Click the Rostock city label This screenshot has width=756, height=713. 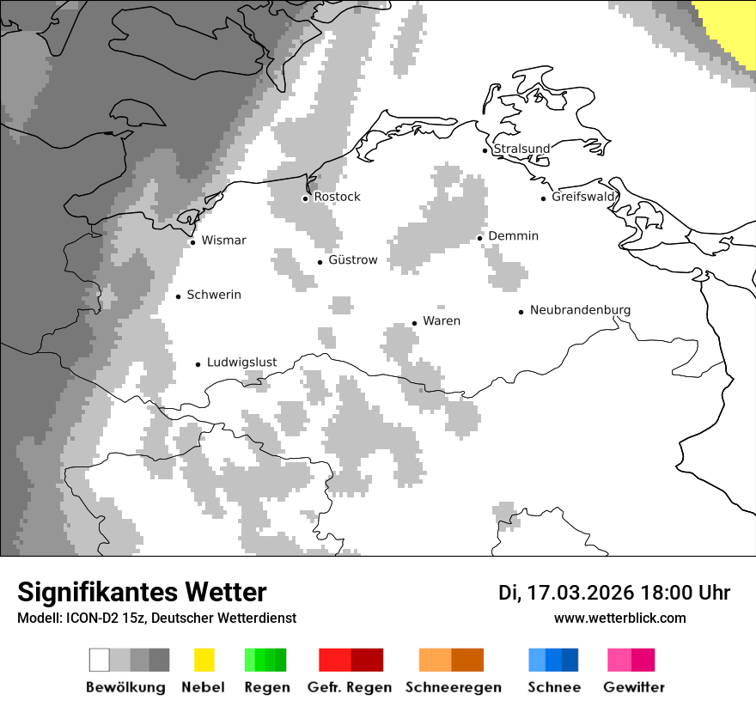[337, 197]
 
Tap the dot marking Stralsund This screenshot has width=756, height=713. [485, 150]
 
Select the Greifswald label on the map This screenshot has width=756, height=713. [584, 197]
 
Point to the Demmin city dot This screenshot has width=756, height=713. [480, 238]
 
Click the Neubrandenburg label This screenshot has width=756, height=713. [580, 310]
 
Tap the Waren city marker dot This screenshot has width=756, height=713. [414, 323]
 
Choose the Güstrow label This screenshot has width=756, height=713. [352, 259]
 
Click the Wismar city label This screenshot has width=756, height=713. [223, 241]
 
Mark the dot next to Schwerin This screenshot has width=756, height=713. [179, 296]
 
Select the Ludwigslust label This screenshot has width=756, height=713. [241, 363]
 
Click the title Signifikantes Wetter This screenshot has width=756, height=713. [142, 592]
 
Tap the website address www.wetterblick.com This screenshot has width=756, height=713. [619, 618]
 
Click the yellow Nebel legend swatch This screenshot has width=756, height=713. [204, 660]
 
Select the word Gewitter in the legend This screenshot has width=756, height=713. [634, 687]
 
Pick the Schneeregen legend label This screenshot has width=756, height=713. [454, 687]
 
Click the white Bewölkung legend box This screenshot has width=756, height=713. [100, 660]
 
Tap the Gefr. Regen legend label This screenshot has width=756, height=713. [350, 687]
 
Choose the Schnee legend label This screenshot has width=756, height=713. [554, 687]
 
